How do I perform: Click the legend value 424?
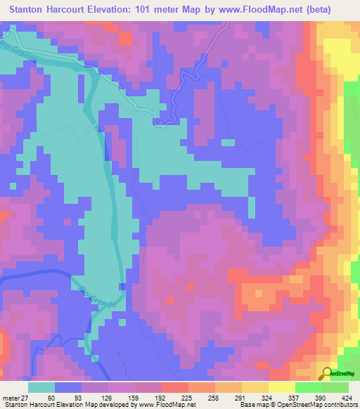(x=348, y=397)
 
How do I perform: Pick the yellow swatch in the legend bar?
(x=281, y=387)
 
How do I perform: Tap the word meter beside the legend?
(x=9, y=397)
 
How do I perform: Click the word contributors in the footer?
(x=339, y=405)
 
